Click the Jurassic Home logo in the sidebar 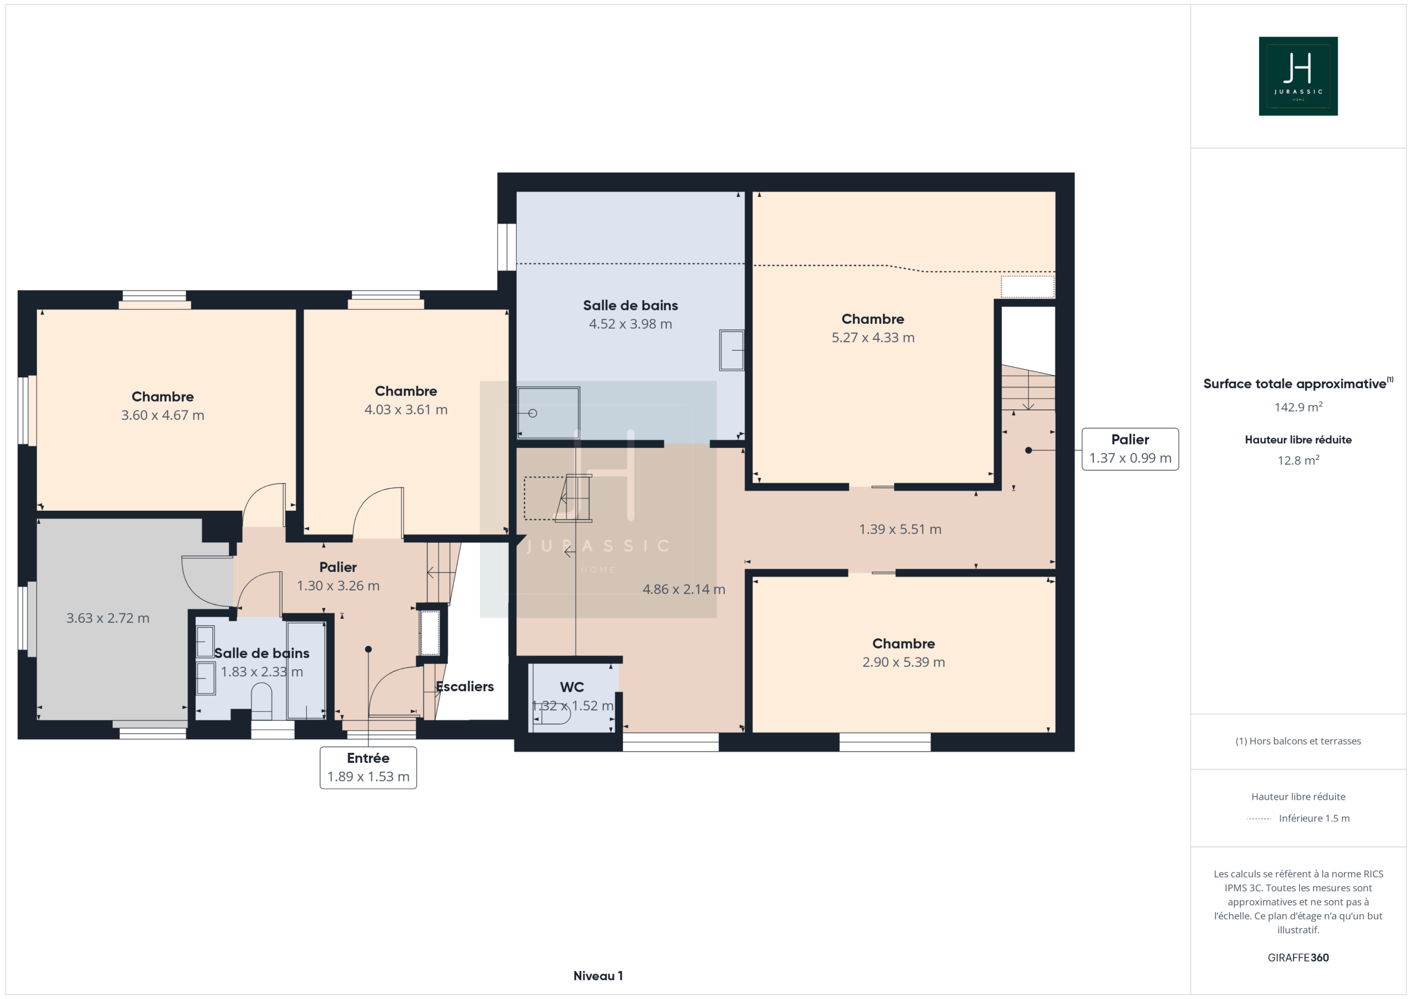pyautogui.click(x=1298, y=76)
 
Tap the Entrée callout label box pyautogui.click(x=368, y=768)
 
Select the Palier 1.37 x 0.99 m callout pyautogui.click(x=1130, y=449)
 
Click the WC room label pyautogui.click(x=572, y=687)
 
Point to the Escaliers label pyautogui.click(x=465, y=687)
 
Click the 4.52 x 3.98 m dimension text pyautogui.click(x=630, y=324)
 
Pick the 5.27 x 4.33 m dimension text pyautogui.click(x=873, y=338)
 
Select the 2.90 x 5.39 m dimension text pyautogui.click(x=903, y=663)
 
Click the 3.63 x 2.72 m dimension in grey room pyautogui.click(x=108, y=618)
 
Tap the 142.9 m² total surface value pyautogui.click(x=1298, y=407)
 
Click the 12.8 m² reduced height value pyautogui.click(x=1298, y=460)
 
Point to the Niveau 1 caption pyautogui.click(x=598, y=976)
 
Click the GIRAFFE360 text pyautogui.click(x=1298, y=957)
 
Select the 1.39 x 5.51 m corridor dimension pyautogui.click(x=900, y=530)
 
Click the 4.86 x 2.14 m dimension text pyautogui.click(x=684, y=589)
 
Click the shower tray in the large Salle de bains pyautogui.click(x=548, y=413)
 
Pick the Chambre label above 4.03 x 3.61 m pyautogui.click(x=406, y=391)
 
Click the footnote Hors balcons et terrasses pyautogui.click(x=1298, y=741)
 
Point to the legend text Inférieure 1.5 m pyautogui.click(x=1314, y=818)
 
